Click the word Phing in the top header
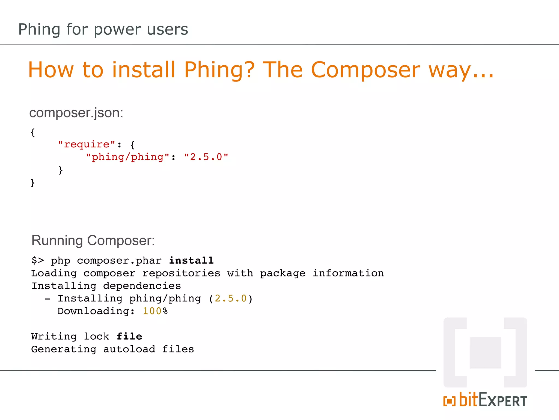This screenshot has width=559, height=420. pyautogui.click(x=39, y=30)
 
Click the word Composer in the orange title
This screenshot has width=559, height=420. pyautogui.click(x=365, y=70)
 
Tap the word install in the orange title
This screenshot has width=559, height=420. pyautogui.click(x=143, y=70)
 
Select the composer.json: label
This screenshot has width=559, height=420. pyautogui.click(x=76, y=113)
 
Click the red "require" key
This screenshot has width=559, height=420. pyautogui.click(x=87, y=144)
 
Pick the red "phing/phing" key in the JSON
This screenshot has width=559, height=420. pyautogui.click(x=128, y=157)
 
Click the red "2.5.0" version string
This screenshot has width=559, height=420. pyautogui.click(x=206, y=157)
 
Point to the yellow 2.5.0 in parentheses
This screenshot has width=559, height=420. pyautogui.click(x=231, y=298)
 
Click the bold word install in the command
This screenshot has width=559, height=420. pyautogui.click(x=191, y=260)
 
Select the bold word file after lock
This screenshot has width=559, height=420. pyautogui.click(x=129, y=336)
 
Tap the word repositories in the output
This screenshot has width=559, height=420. pyautogui.click(x=181, y=273)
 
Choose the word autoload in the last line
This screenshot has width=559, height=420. pyautogui.click(x=129, y=349)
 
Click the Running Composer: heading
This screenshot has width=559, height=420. pyautogui.click(x=93, y=241)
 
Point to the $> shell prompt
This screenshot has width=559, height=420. pyautogui.click(x=38, y=260)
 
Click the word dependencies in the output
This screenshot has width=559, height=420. pyautogui.click(x=142, y=286)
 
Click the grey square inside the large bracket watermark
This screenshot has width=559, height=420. pyautogui.click(x=485, y=352)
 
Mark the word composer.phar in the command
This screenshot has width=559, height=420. pyautogui.click(x=119, y=260)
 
